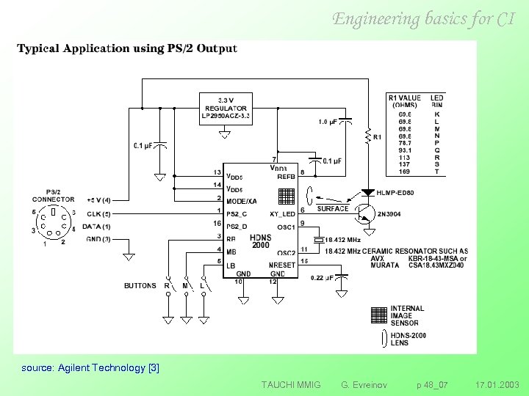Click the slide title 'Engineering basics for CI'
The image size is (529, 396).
423,19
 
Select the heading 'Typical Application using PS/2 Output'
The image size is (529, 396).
127,49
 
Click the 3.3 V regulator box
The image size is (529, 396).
226,108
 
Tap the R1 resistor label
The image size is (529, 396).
378,137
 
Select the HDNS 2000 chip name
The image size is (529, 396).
261,241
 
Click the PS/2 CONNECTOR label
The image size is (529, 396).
53,195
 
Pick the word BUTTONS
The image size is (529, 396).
140,285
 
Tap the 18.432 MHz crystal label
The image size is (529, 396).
343,240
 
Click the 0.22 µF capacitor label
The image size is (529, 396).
320,277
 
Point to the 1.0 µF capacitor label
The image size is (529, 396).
328,121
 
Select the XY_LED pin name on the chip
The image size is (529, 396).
282,213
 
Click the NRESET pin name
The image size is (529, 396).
282,264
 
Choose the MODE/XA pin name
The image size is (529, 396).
241,200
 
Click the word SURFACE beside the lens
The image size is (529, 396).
333,209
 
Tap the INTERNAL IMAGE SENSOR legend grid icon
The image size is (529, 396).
378,315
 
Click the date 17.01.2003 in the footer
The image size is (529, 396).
497,384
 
